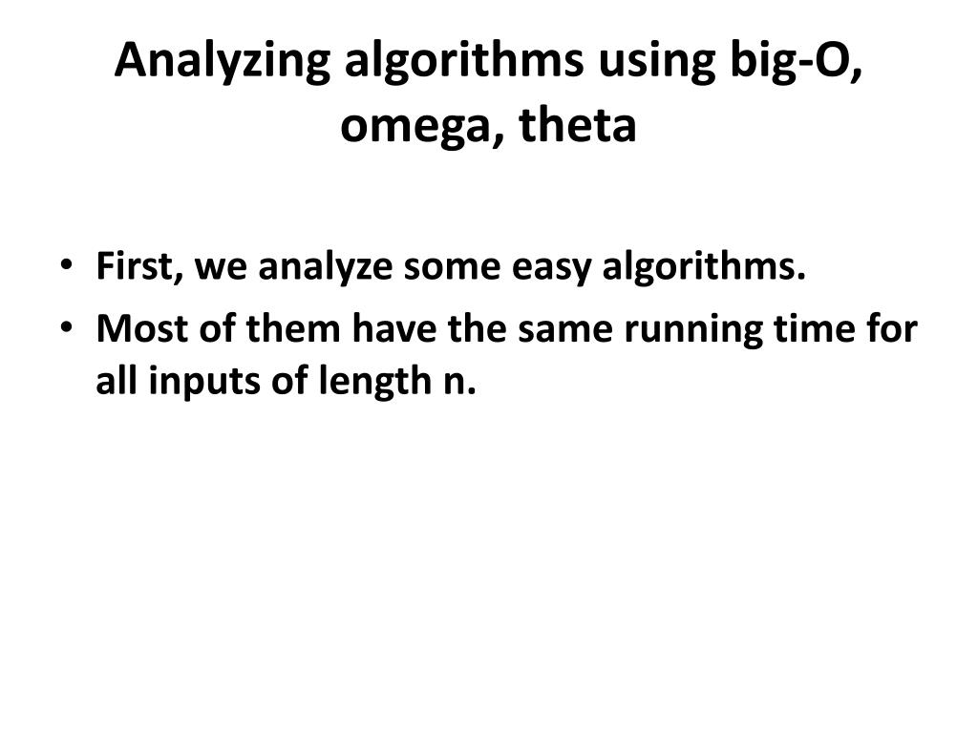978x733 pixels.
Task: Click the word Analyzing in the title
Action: [x=223, y=62]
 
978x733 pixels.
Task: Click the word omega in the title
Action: [x=421, y=127]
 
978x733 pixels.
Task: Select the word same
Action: [x=567, y=329]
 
